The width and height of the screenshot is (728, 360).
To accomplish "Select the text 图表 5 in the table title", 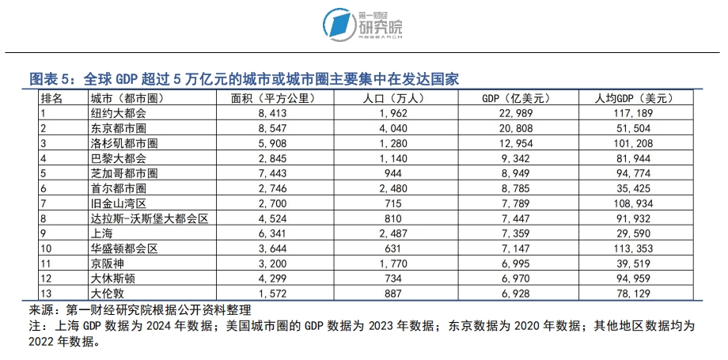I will (x=50, y=79).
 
